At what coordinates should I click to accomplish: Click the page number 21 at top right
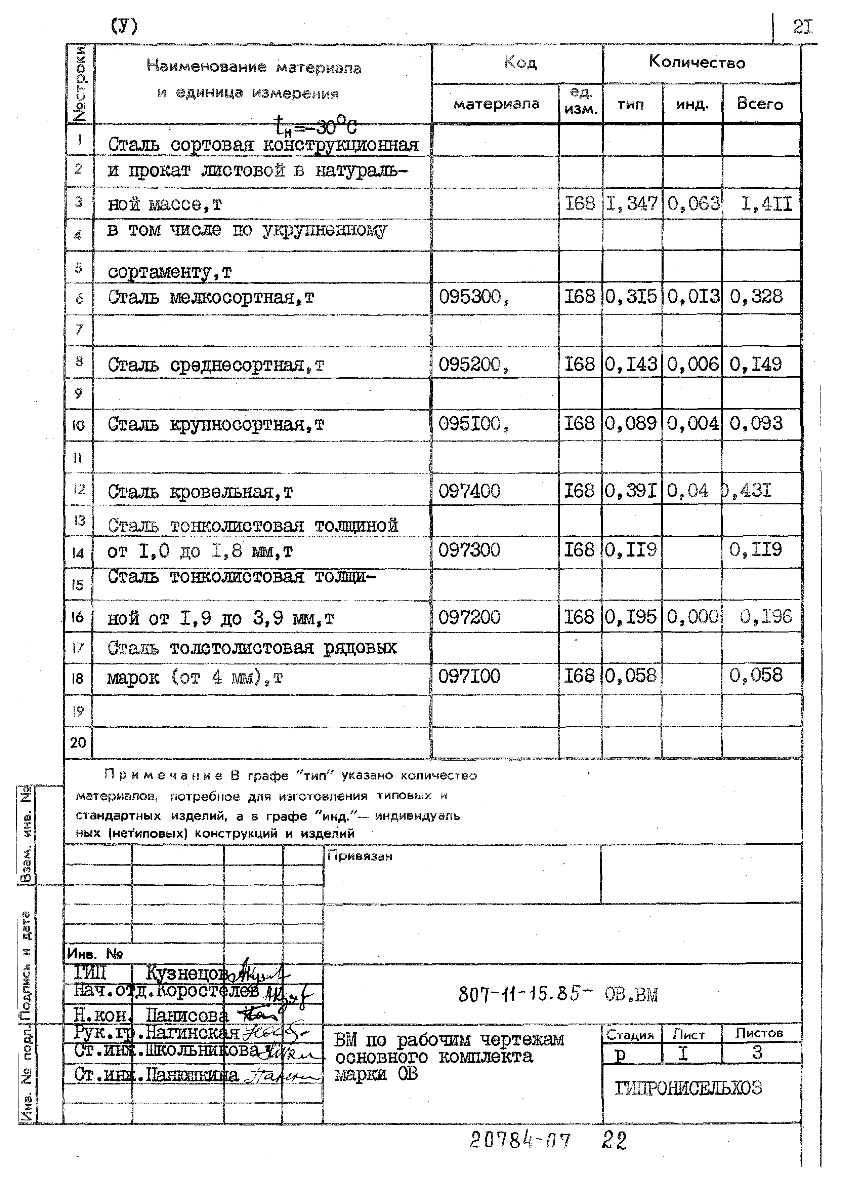(803, 27)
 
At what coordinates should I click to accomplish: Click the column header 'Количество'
(697, 63)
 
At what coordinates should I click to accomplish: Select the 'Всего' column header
(760, 104)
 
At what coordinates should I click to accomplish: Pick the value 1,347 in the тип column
(632, 203)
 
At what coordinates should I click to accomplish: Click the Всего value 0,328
(756, 297)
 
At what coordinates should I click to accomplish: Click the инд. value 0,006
(693, 364)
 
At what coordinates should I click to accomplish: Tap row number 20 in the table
(78, 742)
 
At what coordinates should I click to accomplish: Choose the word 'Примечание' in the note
(163, 776)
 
